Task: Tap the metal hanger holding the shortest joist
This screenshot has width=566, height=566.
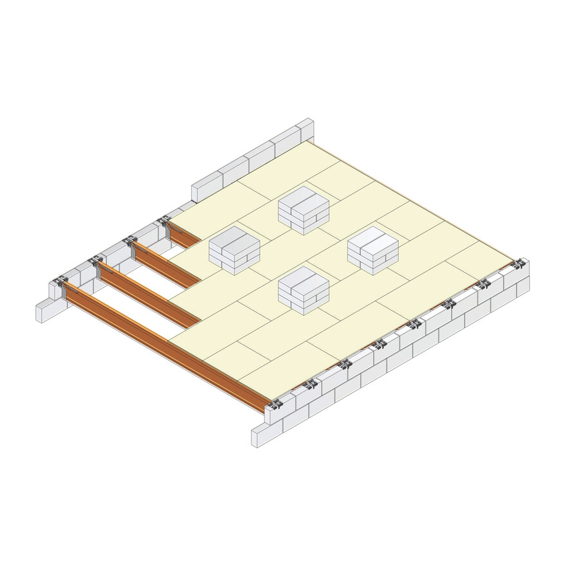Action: coord(164,223)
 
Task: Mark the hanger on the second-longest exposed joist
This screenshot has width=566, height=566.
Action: coord(96,263)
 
